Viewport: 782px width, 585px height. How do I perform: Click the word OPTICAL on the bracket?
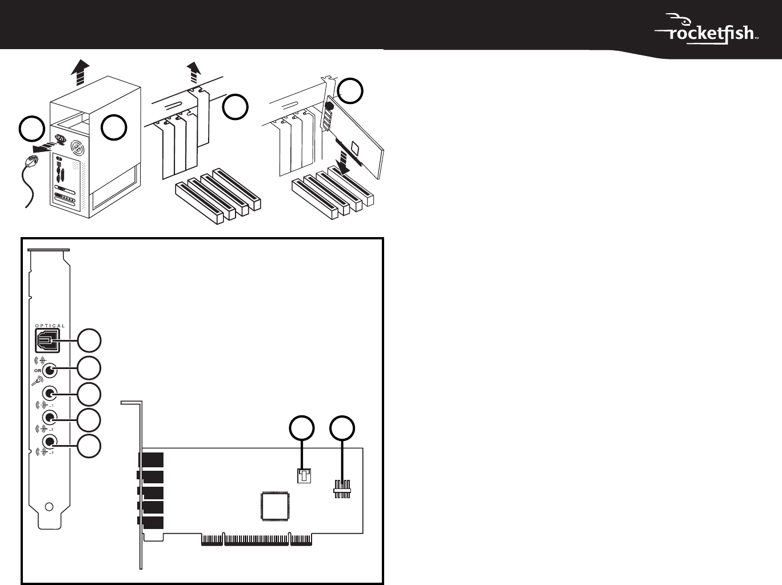[x=50, y=326]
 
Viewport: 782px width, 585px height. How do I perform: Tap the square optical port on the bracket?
[x=47, y=340]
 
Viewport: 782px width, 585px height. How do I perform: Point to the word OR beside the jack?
[x=38, y=371]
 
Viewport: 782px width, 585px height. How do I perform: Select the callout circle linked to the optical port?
[x=89, y=340]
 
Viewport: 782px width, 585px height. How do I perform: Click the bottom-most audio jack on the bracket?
[x=50, y=442]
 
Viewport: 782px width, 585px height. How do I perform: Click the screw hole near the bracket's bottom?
[x=50, y=506]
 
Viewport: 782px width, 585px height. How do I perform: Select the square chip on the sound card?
[x=275, y=506]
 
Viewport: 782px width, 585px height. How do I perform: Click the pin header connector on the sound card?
[x=342, y=489]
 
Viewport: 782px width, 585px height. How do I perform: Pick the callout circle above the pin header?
[x=342, y=428]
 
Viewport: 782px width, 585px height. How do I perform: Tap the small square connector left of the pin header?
[x=304, y=476]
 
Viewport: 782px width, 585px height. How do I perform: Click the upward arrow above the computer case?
[x=80, y=73]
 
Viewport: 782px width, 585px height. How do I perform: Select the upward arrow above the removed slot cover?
[x=194, y=73]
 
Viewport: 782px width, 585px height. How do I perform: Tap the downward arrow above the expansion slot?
[x=345, y=163]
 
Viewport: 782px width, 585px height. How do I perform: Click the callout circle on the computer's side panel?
[x=114, y=127]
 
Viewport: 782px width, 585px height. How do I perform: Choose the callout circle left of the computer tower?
[x=31, y=129]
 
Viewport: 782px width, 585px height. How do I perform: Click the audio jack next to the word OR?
[x=50, y=371]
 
